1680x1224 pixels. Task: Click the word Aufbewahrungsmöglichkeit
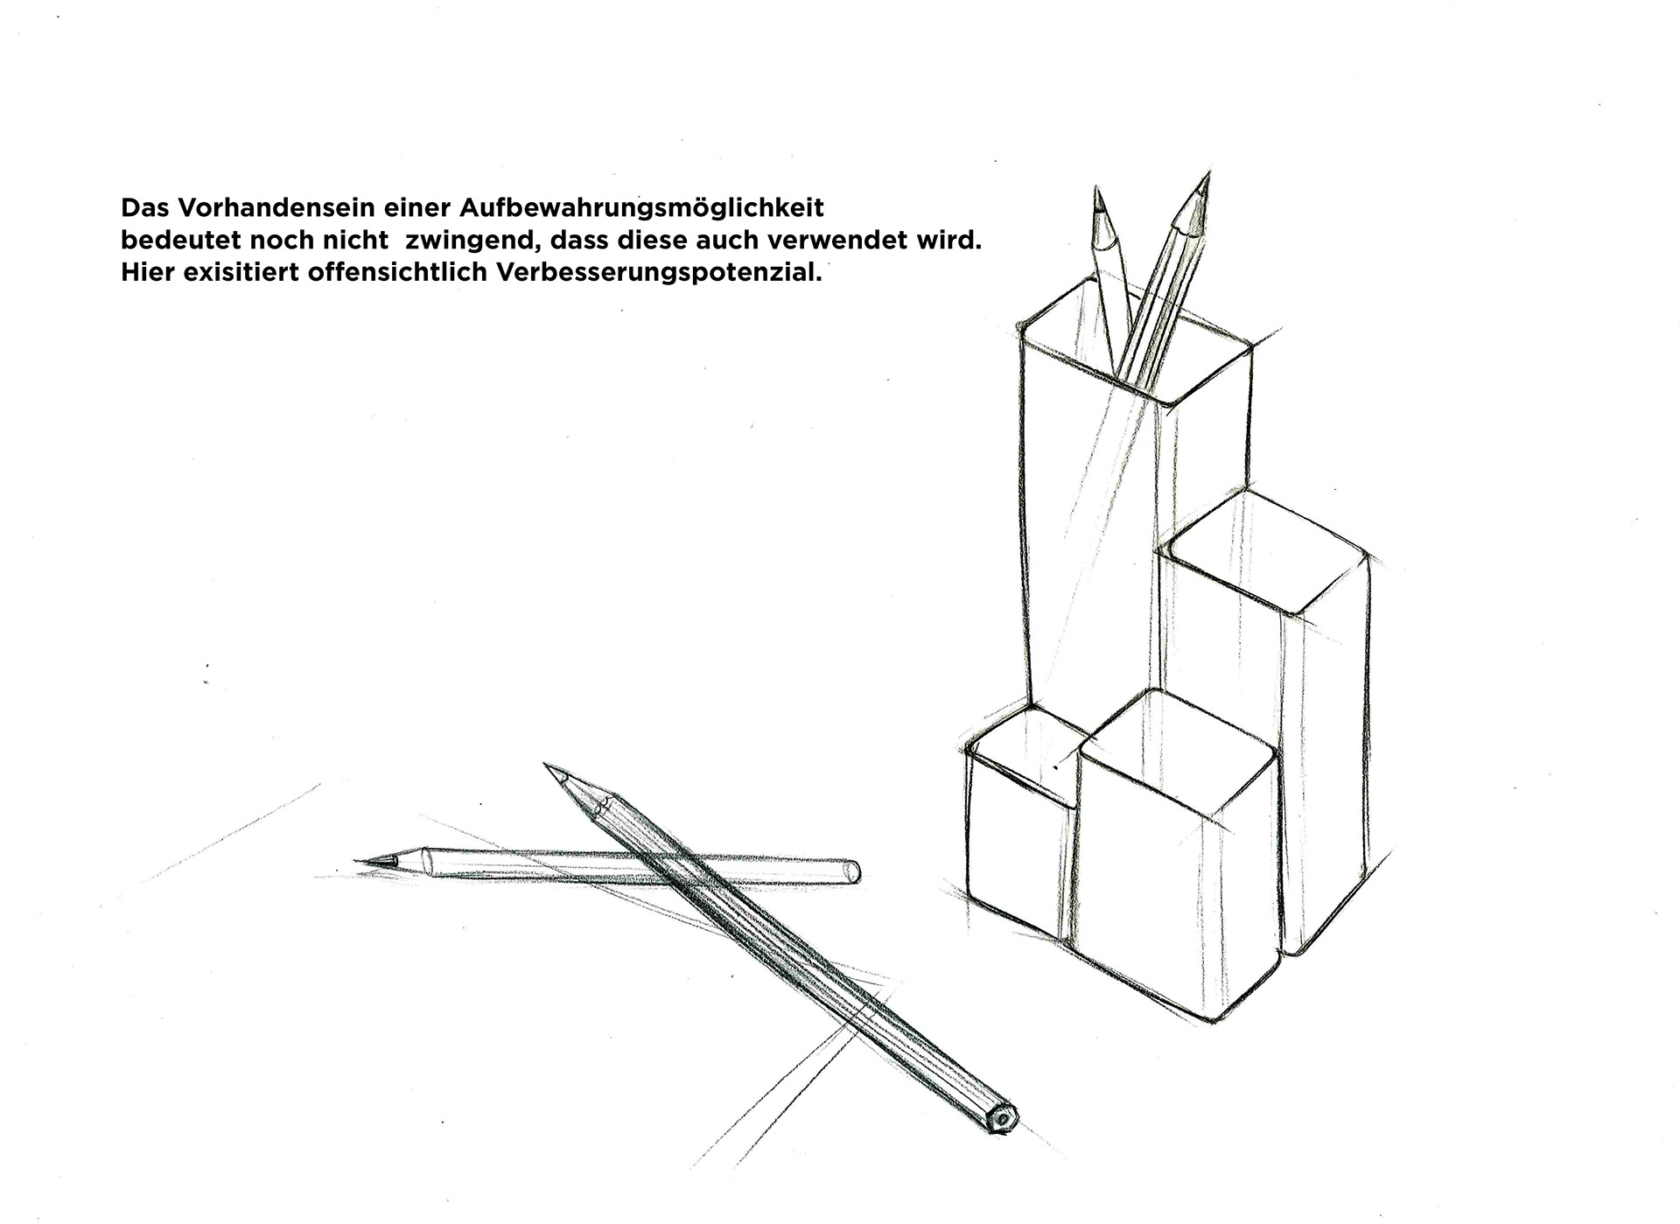pos(641,210)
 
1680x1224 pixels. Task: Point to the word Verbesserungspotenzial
pos(660,273)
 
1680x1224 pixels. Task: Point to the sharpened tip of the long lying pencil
pos(547,766)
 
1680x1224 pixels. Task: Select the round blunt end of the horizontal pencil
pos(853,871)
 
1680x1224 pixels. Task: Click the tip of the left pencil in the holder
pos(1095,187)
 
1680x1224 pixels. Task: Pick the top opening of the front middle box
pos(1178,749)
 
